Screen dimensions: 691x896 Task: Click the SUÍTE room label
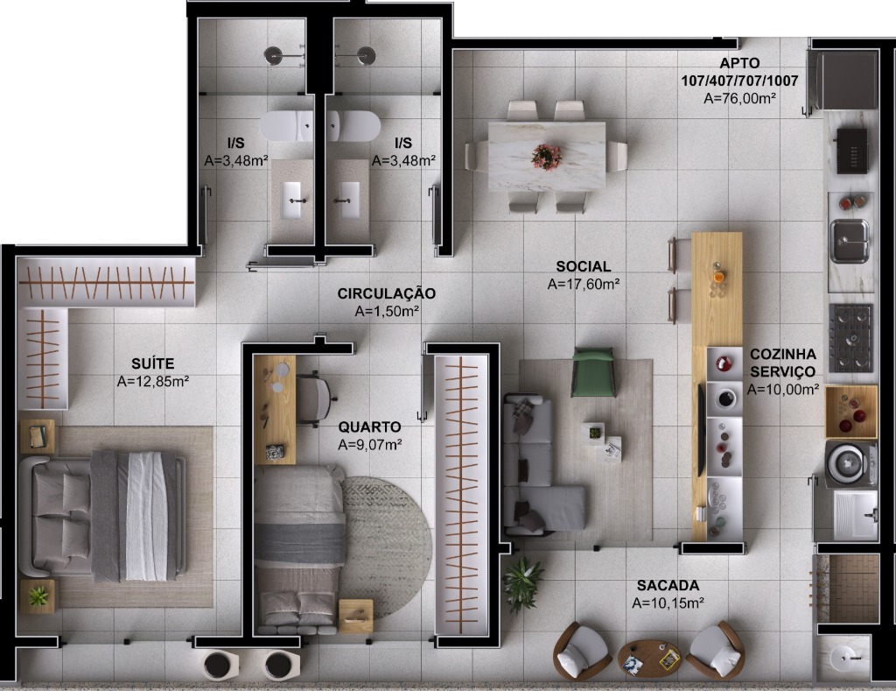click(x=152, y=363)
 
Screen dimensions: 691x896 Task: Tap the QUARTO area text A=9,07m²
click(x=370, y=444)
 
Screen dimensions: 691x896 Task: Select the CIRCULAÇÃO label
click(x=386, y=293)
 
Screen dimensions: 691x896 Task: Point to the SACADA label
click(x=668, y=584)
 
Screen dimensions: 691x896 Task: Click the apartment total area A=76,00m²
click(x=739, y=98)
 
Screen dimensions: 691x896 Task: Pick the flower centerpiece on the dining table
click(x=546, y=157)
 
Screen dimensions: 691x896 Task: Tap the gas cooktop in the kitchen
click(x=850, y=337)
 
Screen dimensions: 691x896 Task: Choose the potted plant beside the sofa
click(x=524, y=578)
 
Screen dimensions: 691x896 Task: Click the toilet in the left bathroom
click(x=286, y=126)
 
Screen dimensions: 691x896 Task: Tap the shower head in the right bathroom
click(x=366, y=55)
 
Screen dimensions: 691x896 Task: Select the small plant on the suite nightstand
click(x=38, y=596)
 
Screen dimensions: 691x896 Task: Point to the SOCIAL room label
click(x=584, y=266)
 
